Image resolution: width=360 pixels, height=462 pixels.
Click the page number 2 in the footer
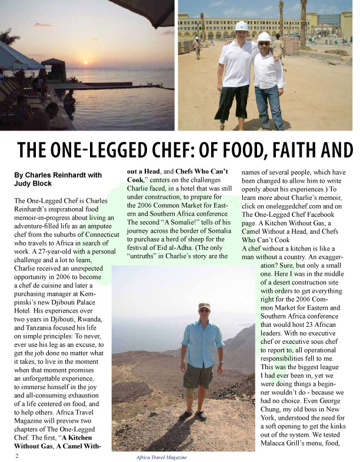coord(18,456)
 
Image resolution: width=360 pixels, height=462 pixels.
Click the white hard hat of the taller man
coord(241,26)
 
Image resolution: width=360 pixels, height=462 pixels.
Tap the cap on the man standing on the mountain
coord(204,306)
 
